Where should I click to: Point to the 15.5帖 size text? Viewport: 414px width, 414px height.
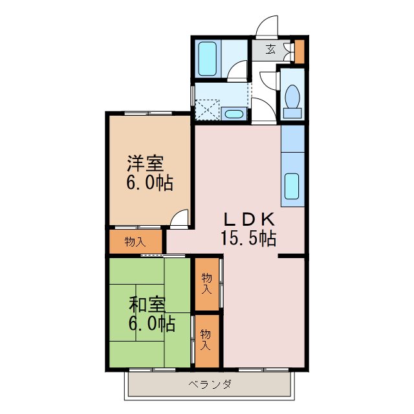(x=249, y=239)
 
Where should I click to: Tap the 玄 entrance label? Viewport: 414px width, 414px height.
(x=271, y=49)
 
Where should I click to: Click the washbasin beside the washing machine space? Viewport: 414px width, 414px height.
(x=234, y=114)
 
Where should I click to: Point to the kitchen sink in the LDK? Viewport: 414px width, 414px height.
(x=292, y=186)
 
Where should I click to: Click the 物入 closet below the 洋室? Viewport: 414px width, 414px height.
(x=135, y=242)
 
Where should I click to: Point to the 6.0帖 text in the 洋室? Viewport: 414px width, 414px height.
(x=149, y=183)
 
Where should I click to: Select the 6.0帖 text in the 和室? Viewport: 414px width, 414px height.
(x=151, y=323)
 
